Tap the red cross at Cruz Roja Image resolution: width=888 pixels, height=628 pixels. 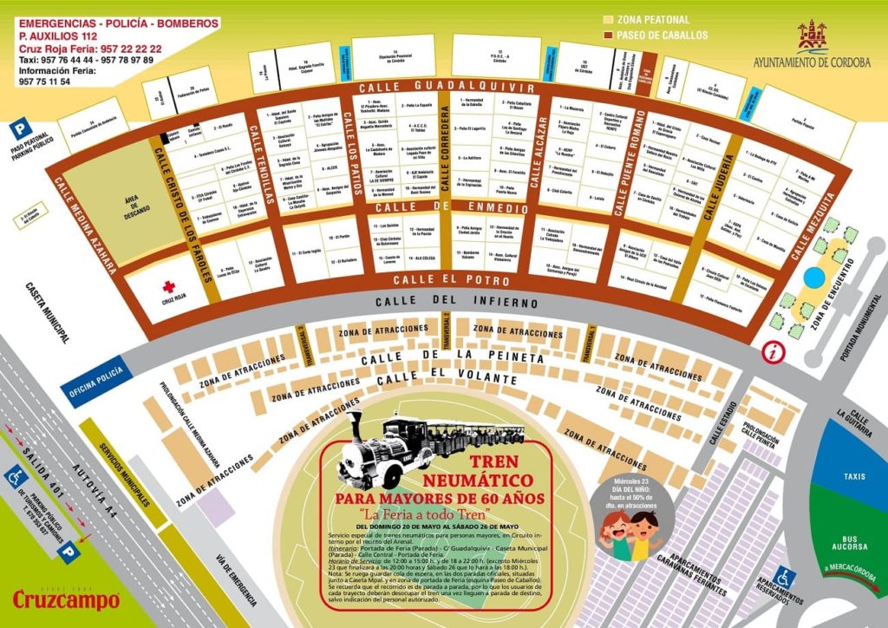point(169,287)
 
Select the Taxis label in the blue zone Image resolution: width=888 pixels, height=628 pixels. point(855,476)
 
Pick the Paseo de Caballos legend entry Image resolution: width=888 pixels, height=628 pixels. point(654,36)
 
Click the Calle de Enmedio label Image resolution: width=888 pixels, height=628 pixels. point(451,208)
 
